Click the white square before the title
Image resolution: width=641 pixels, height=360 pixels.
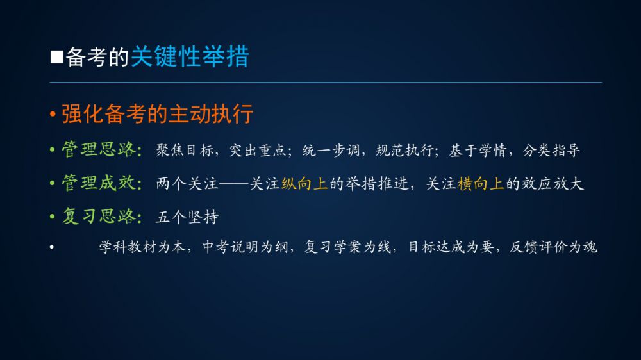(57, 57)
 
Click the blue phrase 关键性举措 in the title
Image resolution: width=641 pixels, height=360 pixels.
(190, 56)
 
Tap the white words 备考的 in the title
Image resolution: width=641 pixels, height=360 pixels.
(97, 57)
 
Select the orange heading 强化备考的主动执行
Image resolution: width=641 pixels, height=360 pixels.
(158, 113)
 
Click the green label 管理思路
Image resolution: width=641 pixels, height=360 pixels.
(99, 149)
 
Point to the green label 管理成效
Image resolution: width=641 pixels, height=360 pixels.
(99, 183)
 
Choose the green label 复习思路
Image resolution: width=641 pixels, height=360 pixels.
(99, 216)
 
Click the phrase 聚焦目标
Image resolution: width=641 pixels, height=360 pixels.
(185, 151)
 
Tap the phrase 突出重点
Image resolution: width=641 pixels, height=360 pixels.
(258, 151)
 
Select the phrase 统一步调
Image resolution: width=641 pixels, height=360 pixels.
(331, 151)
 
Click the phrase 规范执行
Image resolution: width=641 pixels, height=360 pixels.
(404, 151)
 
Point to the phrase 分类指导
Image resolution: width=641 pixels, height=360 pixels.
(551, 151)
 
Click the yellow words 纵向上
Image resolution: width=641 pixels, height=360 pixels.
(304, 184)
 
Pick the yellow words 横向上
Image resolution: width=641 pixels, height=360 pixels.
(481, 184)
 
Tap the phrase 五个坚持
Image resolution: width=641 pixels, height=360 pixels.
(187, 217)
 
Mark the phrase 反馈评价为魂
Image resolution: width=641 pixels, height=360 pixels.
(553, 247)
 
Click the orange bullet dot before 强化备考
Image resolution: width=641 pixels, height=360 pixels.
(53, 114)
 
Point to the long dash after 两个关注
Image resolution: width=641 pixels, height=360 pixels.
(234, 184)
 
